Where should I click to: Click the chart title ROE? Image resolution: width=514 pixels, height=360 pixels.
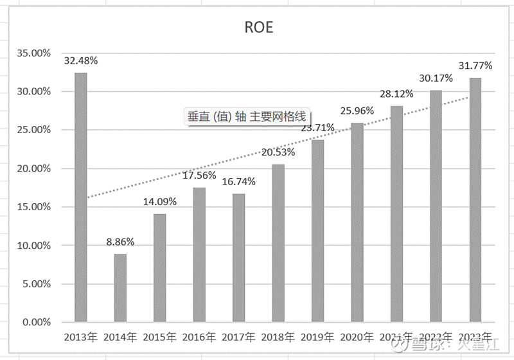(x=258, y=27)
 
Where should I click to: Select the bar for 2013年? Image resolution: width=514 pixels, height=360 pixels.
(x=80, y=197)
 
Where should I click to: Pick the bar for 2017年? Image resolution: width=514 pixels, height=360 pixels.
(x=238, y=257)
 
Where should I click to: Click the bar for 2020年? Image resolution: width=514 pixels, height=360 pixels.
(x=357, y=222)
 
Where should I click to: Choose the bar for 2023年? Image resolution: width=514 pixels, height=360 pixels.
(x=475, y=199)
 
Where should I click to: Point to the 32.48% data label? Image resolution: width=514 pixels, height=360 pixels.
(x=80, y=61)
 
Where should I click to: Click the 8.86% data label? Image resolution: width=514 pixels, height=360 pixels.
(x=120, y=242)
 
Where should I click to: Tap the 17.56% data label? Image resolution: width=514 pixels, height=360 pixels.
(x=199, y=175)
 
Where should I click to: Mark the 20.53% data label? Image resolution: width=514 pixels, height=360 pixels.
(x=278, y=152)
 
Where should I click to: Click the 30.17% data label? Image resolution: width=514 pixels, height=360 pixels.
(x=436, y=78)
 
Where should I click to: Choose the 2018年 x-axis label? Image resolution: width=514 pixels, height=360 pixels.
(x=278, y=337)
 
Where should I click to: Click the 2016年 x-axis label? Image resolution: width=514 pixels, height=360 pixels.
(x=199, y=337)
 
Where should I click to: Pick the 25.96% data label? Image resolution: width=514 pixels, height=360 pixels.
(x=357, y=111)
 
